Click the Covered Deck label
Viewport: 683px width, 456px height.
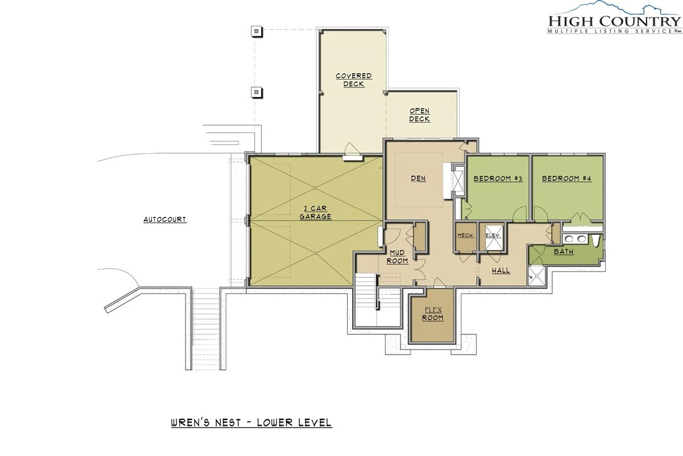pos(353,80)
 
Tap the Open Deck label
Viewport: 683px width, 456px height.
pos(419,115)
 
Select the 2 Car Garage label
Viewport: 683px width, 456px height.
pos(315,212)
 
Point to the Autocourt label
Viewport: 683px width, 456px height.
pos(165,219)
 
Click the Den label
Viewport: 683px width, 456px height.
pos(418,178)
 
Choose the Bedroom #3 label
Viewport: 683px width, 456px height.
pos(498,178)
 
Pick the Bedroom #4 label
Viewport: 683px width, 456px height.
pos(567,178)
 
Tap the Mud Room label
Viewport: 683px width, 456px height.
pos(397,256)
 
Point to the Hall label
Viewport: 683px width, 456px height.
pos(501,271)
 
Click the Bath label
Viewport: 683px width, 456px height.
pos(564,252)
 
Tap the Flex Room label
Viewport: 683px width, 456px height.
pos(433,314)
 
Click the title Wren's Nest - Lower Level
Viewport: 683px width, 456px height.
pos(251,423)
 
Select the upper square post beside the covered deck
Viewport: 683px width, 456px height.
pos(257,31)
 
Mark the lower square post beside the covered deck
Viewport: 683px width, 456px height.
pos(257,92)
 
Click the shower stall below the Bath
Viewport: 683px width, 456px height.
pos(536,275)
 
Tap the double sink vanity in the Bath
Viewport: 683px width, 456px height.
pos(575,238)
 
